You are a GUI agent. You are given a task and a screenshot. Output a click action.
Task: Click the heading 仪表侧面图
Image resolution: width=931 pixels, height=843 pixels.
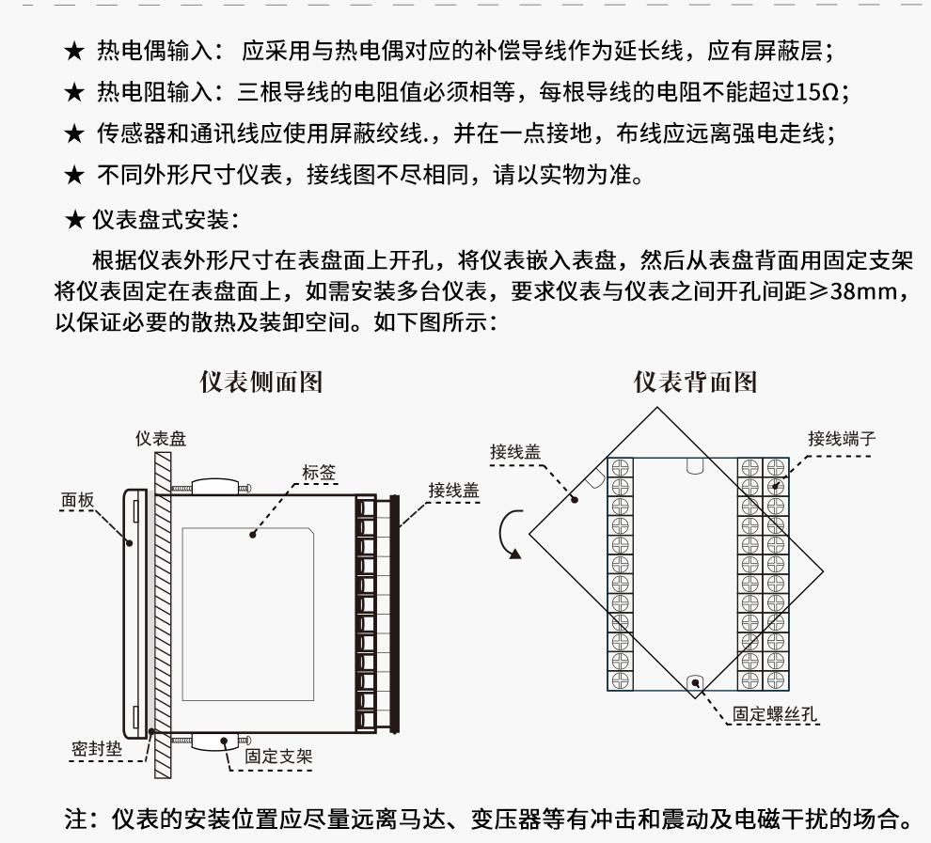[261, 382]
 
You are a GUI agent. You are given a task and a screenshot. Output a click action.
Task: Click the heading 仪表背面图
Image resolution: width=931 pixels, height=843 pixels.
[695, 382]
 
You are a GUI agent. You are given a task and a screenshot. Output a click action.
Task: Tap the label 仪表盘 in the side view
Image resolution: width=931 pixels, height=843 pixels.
[160, 438]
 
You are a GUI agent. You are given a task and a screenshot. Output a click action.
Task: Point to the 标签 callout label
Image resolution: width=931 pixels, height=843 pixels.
[319, 474]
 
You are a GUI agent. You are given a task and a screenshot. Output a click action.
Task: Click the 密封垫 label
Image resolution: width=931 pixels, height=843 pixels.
[94, 748]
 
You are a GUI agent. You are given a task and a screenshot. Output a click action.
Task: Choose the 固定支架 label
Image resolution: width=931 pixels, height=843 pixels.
[278, 755]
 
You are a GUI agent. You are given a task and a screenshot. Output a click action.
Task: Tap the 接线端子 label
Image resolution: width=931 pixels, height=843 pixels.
[842, 439]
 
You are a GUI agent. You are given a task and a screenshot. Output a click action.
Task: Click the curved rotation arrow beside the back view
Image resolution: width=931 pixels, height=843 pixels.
[509, 535]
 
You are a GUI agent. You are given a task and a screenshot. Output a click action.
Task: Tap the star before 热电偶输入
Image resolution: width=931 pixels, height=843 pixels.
[74, 50]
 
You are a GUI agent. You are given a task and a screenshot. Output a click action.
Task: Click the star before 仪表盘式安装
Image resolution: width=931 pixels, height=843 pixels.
[74, 221]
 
